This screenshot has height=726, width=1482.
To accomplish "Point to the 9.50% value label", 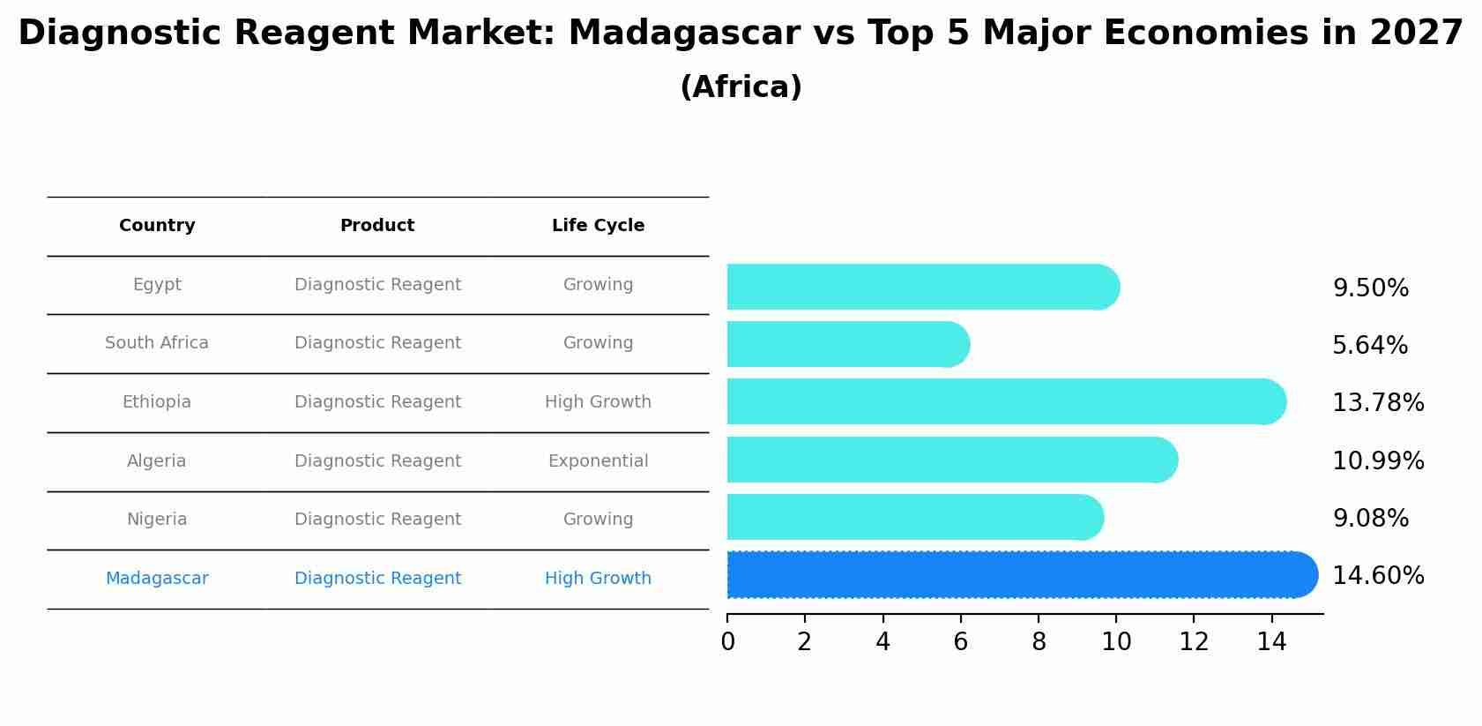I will [1370, 288].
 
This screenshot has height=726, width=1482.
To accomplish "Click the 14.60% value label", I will [1377, 576].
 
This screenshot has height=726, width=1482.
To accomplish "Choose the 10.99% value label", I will [1377, 460].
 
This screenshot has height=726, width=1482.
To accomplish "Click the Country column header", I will [157, 226].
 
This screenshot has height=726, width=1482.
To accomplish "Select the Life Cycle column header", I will [598, 226].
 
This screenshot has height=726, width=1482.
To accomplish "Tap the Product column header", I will [377, 226].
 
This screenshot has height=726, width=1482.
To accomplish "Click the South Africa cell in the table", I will [157, 343].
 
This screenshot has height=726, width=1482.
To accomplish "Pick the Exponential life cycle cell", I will [598, 461].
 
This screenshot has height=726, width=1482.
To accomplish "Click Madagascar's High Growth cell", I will [598, 579].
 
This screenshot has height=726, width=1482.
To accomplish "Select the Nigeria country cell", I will [157, 520].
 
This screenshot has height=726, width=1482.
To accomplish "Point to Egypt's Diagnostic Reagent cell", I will [377, 285].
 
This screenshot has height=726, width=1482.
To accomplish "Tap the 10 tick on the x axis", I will [1116, 642].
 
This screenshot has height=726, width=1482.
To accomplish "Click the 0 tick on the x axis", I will [727, 642].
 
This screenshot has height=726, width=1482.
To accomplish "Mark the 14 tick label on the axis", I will [1271, 642].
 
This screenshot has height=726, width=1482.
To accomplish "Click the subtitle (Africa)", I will [741, 87].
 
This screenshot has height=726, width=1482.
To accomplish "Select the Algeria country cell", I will [157, 461].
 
